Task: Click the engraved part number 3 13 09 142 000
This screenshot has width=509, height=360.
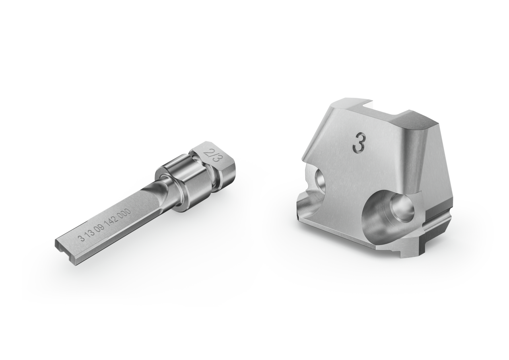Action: tap(104, 225)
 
